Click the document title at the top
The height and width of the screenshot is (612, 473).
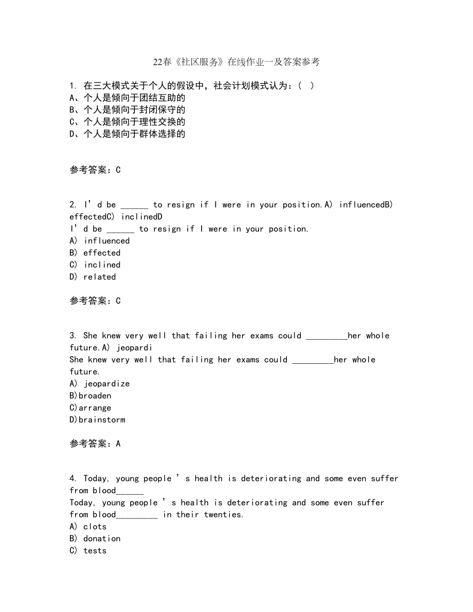pos(236,62)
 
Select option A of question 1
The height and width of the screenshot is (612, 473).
pos(127,98)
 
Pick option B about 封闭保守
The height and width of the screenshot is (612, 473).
pos(127,109)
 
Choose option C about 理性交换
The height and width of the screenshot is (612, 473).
pos(127,122)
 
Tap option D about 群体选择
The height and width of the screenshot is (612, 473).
pos(127,134)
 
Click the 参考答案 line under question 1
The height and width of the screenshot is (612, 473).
pos(95,170)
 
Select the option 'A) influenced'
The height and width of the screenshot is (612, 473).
pos(99,241)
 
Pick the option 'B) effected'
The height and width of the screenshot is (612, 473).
pos(95,253)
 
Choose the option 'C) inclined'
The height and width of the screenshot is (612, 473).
pos(95,265)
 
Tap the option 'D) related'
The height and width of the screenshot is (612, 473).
pos(93,277)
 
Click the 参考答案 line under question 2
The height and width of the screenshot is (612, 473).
pos(95,301)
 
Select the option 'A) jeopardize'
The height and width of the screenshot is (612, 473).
pos(99,384)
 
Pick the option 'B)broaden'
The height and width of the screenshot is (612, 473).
pos(90,396)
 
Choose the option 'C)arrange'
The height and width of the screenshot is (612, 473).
pos(90,408)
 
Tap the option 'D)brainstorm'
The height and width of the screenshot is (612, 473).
pos(97,420)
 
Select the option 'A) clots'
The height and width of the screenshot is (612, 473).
pos(88,527)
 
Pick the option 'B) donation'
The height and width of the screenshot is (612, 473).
pos(95,539)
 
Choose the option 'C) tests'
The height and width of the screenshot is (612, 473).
pos(88,551)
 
